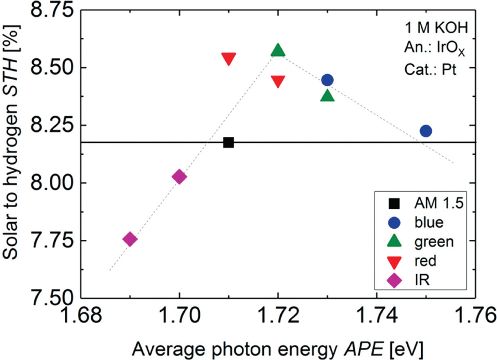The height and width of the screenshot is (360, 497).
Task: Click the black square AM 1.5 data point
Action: click(x=228, y=143)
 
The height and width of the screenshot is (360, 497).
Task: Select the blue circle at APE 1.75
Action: click(x=426, y=131)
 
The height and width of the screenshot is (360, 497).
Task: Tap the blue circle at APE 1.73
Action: click(x=327, y=80)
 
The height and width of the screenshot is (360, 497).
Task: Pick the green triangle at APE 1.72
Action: click(x=278, y=51)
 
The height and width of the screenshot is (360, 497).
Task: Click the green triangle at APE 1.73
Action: click(x=327, y=96)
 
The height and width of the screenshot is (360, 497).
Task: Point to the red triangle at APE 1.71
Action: click(x=229, y=59)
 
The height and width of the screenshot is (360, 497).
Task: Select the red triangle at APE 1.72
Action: click(x=278, y=81)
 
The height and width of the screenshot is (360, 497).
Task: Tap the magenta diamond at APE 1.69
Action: click(x=130, y=239)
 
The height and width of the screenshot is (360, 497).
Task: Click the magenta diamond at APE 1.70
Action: click(x=179, y=177)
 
